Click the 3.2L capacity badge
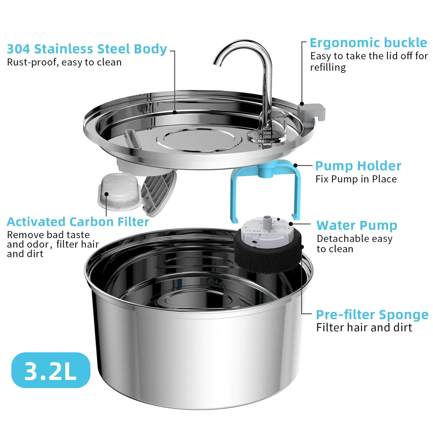coord(51,370)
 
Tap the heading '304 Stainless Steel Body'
coord(87,49)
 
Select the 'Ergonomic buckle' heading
coord(368,43)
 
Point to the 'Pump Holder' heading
coord(358,166)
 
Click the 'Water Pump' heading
coord(357,225)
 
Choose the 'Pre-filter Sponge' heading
coord(372,315)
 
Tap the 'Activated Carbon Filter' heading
coord(78,222)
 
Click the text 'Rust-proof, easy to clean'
coord(64,62)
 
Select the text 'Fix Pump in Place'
coord(356,179)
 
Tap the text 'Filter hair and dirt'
coord(364,328)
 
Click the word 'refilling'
coord(328,67)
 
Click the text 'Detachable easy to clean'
coord(354,244)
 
